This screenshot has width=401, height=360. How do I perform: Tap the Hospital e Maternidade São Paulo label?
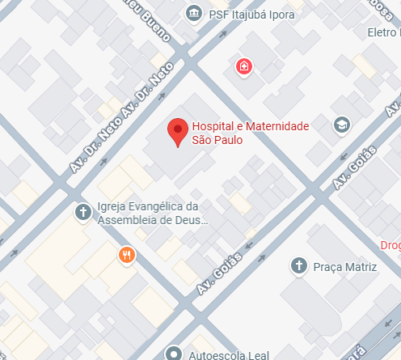coord(249,133)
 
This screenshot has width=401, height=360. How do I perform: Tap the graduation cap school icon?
coord(343,124)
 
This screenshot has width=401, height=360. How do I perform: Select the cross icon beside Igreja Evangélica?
coord(82,212)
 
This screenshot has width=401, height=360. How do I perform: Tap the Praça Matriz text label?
coord(345,266)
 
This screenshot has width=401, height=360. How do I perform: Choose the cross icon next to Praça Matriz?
coord(298,265)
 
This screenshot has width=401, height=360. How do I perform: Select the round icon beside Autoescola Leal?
coord(172,354)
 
